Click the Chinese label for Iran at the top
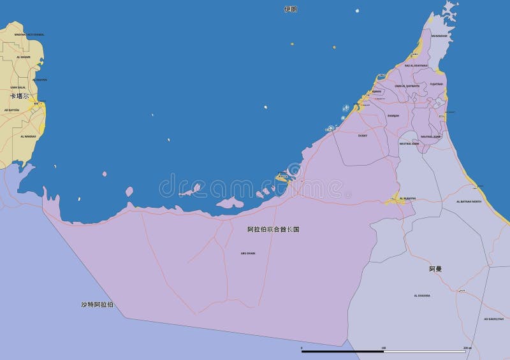(291, 10)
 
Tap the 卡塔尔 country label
(19, 96)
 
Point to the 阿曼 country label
(435, 269)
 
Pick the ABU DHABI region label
(247, 253)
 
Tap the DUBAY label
(363, 135)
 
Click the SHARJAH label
(393, 115)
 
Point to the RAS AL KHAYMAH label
(416, 66)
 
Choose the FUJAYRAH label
(436, 83)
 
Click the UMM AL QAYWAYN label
(407, 85)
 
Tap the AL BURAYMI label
(407, 198)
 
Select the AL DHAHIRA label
(422, 296)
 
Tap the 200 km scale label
(467, 347)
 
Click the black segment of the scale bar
(342, 351)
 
